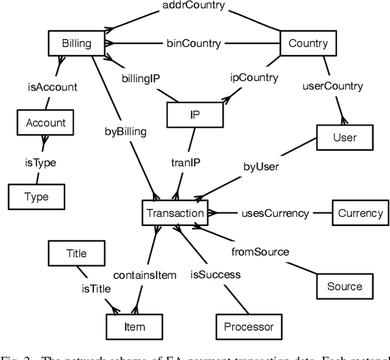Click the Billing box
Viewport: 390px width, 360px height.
(77, 43)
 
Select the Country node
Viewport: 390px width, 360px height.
(308, 43)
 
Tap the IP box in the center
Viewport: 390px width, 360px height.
(195, 114)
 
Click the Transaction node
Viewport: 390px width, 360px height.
(175, 213)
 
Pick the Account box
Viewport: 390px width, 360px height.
(45, 122)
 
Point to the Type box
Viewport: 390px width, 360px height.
(36, 197)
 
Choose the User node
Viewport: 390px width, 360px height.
(344, 137)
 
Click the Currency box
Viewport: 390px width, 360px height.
(360, 213)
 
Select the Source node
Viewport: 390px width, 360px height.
(344, 286)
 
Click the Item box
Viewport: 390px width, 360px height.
(135, 326)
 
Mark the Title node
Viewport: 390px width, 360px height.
(76, 253)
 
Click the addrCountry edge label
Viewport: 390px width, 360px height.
(194, 5)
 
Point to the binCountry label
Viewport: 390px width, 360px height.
(194, 43)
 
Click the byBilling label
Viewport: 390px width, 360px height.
(126, 131)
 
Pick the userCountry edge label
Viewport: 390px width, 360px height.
(333, 86)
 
